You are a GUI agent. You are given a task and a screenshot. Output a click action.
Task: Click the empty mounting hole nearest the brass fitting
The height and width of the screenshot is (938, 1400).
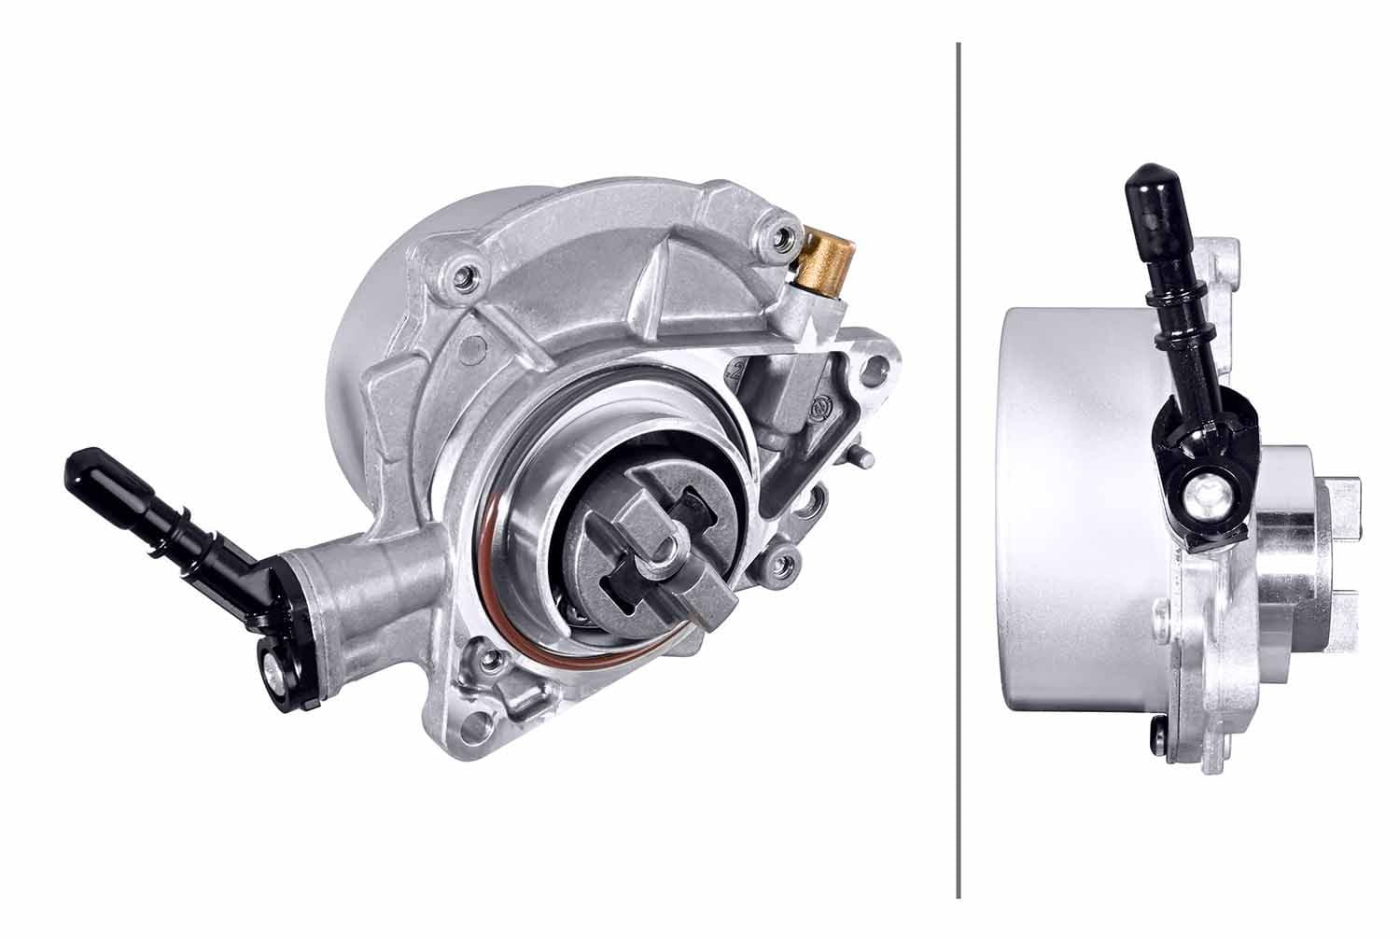[875, 371]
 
